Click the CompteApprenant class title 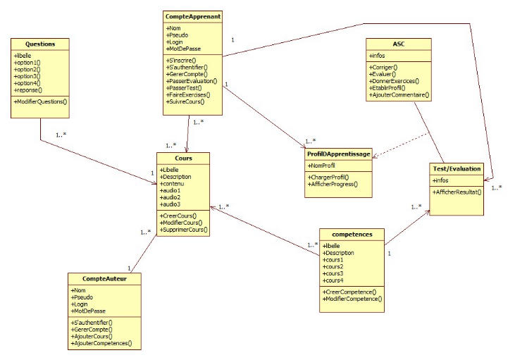point(192,16)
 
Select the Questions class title point(40,44)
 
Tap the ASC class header point(399,43)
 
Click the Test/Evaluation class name point(456,168)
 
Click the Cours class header point(183,158)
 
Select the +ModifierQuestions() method point(41,102)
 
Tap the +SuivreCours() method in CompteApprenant point(185,102)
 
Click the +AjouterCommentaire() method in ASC point(399,94)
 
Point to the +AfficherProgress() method point(333,185)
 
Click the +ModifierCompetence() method point(352,299)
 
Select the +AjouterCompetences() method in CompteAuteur point(102,344)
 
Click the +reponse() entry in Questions point(28,90)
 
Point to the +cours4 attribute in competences point(335,280)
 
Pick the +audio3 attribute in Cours point(171,204)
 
